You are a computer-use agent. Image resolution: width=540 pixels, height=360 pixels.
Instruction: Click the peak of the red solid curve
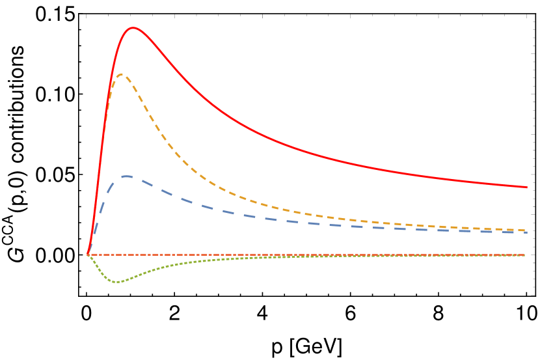pos(133,28)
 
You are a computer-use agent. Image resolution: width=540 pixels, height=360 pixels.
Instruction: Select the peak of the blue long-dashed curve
pos(126,176)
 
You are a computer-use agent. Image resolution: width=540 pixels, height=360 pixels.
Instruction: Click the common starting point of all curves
pos(88,254)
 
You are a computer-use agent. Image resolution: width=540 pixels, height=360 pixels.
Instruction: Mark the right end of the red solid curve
pos(526,187)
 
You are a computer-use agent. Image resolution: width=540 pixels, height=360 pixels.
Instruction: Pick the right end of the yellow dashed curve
pos(526,230)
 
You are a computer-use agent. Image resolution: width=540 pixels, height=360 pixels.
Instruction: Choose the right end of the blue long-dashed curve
pos(526,232)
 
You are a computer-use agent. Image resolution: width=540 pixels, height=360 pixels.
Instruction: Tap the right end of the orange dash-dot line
pos(525,255)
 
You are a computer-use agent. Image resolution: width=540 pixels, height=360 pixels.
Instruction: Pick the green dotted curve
pos(169,266)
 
